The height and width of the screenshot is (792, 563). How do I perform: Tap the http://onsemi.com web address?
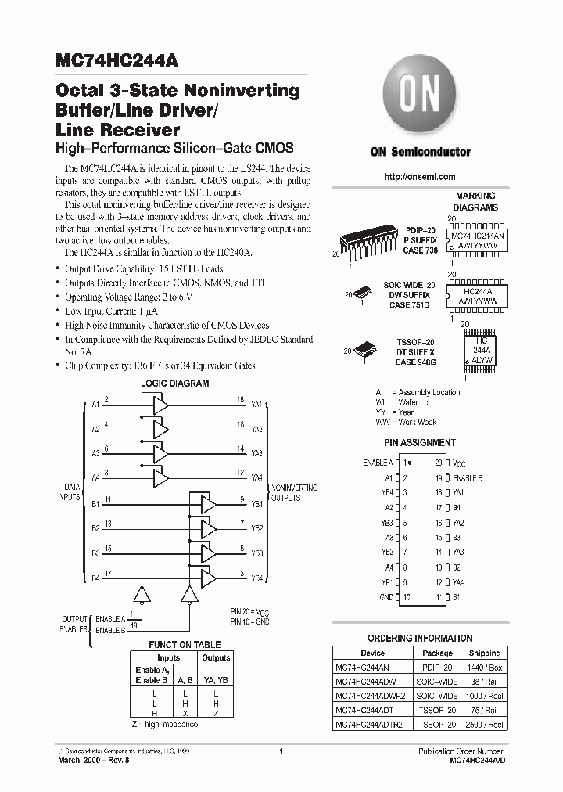point(419,177)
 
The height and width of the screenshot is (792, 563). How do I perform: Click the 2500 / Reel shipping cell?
point(485,724)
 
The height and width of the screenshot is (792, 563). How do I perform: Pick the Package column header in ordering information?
point(437,653)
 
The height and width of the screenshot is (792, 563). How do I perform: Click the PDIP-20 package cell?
point(437,667)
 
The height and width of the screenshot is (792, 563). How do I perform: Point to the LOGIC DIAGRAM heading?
point(174,383)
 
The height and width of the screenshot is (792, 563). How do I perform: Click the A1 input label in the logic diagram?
point(96,404)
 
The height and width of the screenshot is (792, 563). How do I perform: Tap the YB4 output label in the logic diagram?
point(256,578)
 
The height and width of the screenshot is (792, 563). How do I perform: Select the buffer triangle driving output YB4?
point(208,579)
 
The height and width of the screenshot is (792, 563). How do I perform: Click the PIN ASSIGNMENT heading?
point(420,443)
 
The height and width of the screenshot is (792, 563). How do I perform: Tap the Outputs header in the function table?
point(216,658)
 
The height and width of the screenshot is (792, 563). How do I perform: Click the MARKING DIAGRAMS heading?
point(475,202)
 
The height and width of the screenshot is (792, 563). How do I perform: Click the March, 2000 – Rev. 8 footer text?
point(94,760)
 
